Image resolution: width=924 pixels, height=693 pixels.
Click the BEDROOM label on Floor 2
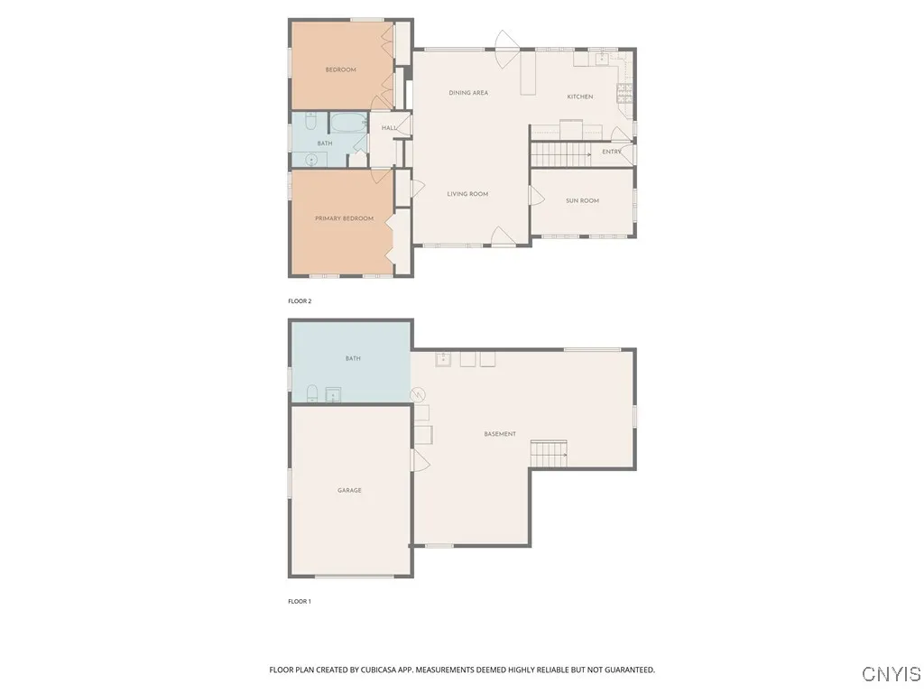(x=340, y=69)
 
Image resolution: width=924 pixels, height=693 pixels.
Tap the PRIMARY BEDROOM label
(x=344, y=218)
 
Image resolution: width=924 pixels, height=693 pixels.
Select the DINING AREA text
(x=468, y=93)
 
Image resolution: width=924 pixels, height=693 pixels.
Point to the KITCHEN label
(x=579, y=97)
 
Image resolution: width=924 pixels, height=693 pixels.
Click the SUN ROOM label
(x=582, y=200)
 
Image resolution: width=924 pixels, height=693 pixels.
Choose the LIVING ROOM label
(x=467, y=194)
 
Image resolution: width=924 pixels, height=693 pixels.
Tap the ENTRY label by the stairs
(x=612, y=152)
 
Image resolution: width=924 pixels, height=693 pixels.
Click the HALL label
(x=389, y=128)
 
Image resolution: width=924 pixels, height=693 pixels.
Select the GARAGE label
(x=349, y=490)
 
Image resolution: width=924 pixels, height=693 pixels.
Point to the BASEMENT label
(x=500, y=434)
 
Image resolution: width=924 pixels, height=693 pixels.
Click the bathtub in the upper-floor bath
(x=347, y=123)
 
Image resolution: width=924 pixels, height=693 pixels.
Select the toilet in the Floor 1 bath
(x=311, y=393)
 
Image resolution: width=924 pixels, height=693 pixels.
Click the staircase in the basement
(x=549, y=454)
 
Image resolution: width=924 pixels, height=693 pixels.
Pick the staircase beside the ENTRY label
(x=560, y=154)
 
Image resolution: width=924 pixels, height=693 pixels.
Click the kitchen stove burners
(x=623, y=90)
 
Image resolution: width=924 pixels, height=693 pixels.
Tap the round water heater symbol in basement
(x=418, y=394)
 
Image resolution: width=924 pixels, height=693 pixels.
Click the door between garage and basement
(x=417, y=461)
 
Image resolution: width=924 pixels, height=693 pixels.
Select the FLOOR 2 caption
(x=299, y=301)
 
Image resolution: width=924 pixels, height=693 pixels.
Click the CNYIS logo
(x=892, y=674)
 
